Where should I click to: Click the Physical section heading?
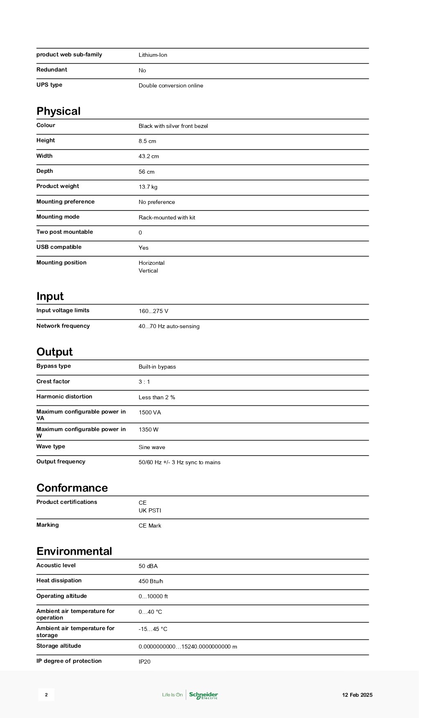tap(59, 111)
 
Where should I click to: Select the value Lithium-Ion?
tap(153, 55)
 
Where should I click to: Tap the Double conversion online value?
tap(171, 86)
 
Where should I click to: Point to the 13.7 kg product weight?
tap(148, 187)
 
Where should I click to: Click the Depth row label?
tap(45, 171)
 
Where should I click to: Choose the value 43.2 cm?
tap(149, 157)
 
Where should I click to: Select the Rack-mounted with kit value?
tap(167, 218)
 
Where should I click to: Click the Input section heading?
tap(50, 296)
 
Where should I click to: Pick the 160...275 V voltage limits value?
tap(153, 311)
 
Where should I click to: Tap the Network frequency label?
tap(63, 326)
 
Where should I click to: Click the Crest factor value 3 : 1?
tap(144, 382)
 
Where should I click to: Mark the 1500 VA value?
tap(150, 413)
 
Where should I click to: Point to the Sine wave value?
tap(152, 447)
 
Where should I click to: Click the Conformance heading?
tap(72, 488)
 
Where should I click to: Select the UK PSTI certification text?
tap(150, 511)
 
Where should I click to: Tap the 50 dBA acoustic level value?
tap(148, 566)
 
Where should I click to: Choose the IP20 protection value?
tap(144, 662)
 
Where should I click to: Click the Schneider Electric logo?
tap(203, 695)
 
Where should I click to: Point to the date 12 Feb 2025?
tap(357, 695)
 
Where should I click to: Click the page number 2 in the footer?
tap(46, 695)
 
